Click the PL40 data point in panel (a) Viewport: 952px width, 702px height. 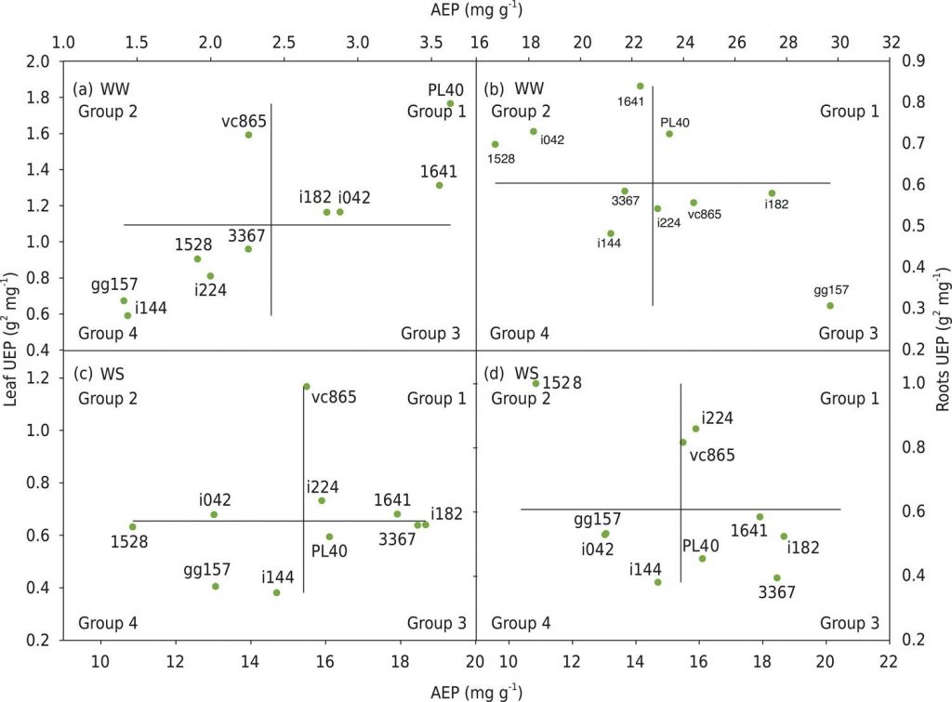point(450,103)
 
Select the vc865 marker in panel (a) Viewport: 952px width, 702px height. point(248,135)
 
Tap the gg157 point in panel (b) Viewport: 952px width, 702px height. point(829,305)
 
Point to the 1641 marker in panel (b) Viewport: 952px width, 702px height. point(640,86)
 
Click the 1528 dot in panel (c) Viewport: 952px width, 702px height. point(133,527)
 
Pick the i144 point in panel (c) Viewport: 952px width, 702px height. point(276,592)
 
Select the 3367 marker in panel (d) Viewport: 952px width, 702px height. point(776,577)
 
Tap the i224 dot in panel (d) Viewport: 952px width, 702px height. point(695,429)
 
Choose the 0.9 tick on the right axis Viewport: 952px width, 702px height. point(913,61)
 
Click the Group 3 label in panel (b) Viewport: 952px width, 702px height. point(848,333)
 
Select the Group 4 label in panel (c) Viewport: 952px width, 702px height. point(108,623)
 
